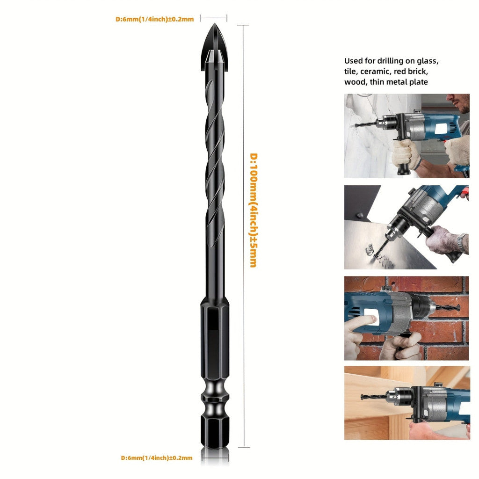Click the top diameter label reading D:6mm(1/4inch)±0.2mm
click(154, 19)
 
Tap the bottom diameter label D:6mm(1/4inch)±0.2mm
click(157, 457)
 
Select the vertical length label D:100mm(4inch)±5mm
click(254, 210)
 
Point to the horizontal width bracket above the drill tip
click(214, 18)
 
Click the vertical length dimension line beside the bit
click(243, 236)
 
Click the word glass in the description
click(428, 61)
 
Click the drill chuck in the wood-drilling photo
click(397, 396)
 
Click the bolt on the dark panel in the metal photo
click(360, 215)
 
